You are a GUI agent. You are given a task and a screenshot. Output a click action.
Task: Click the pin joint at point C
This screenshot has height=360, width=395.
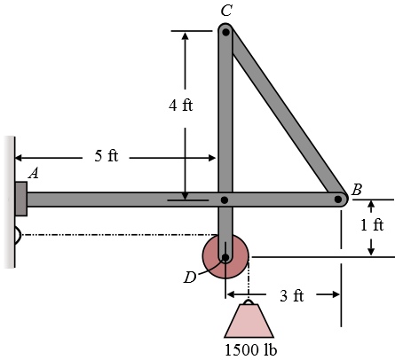tap(225, 33)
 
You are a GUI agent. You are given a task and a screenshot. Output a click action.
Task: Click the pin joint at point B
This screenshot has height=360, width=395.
tap(338, 200)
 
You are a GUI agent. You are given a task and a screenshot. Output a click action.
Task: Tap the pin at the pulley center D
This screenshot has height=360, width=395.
tap(225, 258)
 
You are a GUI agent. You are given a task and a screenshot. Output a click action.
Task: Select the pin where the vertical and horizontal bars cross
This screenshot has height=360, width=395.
tap(225, 200)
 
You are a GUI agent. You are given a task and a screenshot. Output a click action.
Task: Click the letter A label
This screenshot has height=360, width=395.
tap(33, 174)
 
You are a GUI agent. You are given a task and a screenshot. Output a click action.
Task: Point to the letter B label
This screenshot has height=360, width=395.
tap(356, 189)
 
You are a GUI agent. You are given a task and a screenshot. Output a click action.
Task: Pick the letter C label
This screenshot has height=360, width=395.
tap(225, 11)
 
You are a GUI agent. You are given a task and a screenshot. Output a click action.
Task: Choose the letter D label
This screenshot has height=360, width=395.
tap(190, 278)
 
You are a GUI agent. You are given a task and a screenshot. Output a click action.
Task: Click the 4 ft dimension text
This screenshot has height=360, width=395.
tap(181, 105)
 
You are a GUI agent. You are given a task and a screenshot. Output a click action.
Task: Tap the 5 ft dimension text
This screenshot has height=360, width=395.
tap(106, 157)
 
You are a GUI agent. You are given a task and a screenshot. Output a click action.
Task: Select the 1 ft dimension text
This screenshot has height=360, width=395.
tap(372, 225)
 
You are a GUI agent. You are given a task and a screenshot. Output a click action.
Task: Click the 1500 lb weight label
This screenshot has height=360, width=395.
tap(249, 349)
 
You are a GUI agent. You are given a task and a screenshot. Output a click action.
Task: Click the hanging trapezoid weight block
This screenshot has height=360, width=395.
tap(249, 321)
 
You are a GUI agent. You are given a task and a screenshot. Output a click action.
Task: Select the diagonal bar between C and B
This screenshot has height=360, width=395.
tap(284, 115)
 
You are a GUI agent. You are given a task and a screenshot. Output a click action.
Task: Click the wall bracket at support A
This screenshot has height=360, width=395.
tap(20, 199)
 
